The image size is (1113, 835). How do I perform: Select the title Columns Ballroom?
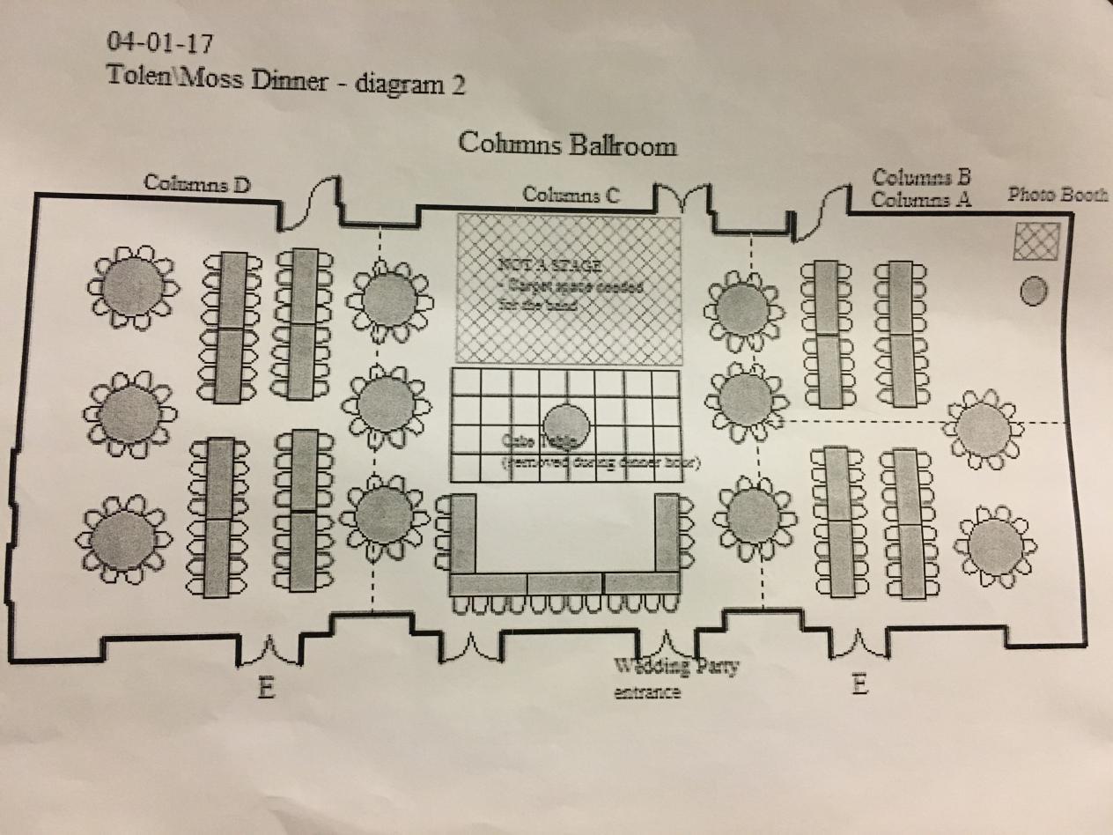[x=567, y=144]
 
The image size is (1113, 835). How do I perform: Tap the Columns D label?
[x=197, y=183]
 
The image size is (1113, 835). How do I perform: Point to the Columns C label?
[x=572, y=195]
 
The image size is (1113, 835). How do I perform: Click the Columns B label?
[x=921, y=177]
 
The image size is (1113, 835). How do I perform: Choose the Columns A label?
[x=921, y=199]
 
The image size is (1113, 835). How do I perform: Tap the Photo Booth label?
[x=1057, y=195]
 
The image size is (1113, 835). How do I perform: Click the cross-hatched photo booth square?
[x=1036, y=241]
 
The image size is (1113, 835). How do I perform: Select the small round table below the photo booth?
[x=1034, y=291]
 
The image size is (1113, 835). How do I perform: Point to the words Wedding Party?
[x=676, y=666]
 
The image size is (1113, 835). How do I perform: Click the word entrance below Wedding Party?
[x=648, y=692]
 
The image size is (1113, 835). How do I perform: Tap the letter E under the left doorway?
[x=266, y=688]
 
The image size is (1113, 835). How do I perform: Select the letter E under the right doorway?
[x=860, y=684]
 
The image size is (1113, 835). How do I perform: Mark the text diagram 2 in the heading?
[x=409, y=84]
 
